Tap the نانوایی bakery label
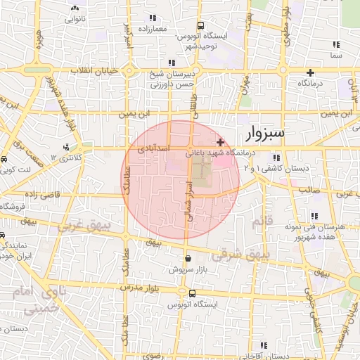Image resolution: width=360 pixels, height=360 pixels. pos(75,18)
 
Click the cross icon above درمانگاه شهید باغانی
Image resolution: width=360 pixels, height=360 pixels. pos(220,142)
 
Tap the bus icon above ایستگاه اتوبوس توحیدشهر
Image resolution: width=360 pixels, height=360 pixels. pos(200,24)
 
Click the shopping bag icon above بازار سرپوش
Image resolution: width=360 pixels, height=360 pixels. pos(186,257)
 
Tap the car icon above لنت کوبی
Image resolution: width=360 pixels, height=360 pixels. pos(5,160)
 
